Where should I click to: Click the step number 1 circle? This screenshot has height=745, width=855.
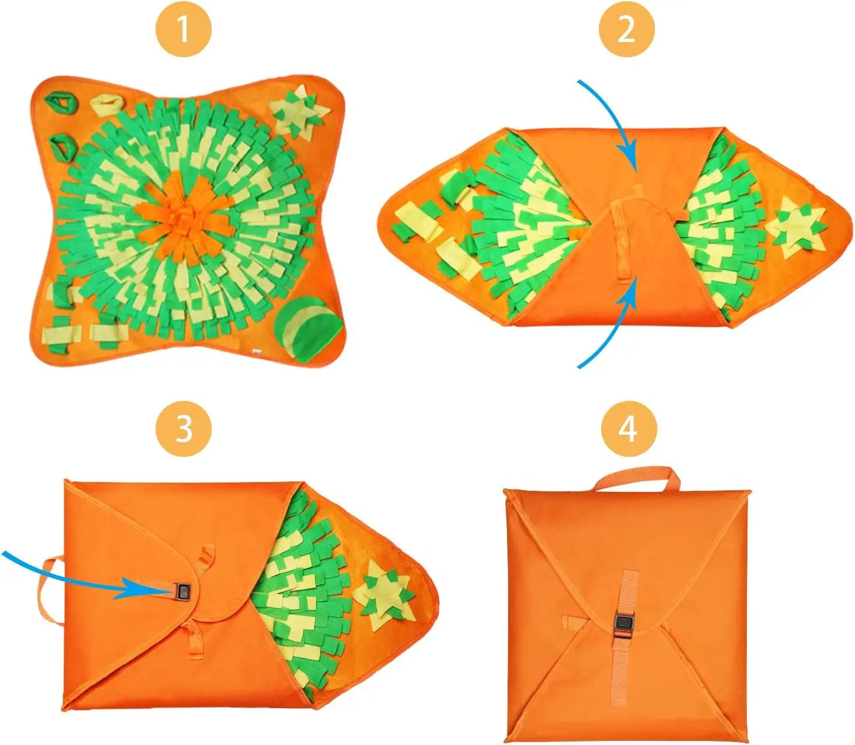tap(183, 29)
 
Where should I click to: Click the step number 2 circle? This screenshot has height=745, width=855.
tap(626, 29)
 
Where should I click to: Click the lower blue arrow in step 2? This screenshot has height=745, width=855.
tap(614, 327)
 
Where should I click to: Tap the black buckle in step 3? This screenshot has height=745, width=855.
tap(182, 592)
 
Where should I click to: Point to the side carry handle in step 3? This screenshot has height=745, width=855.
tap(47, 590)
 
